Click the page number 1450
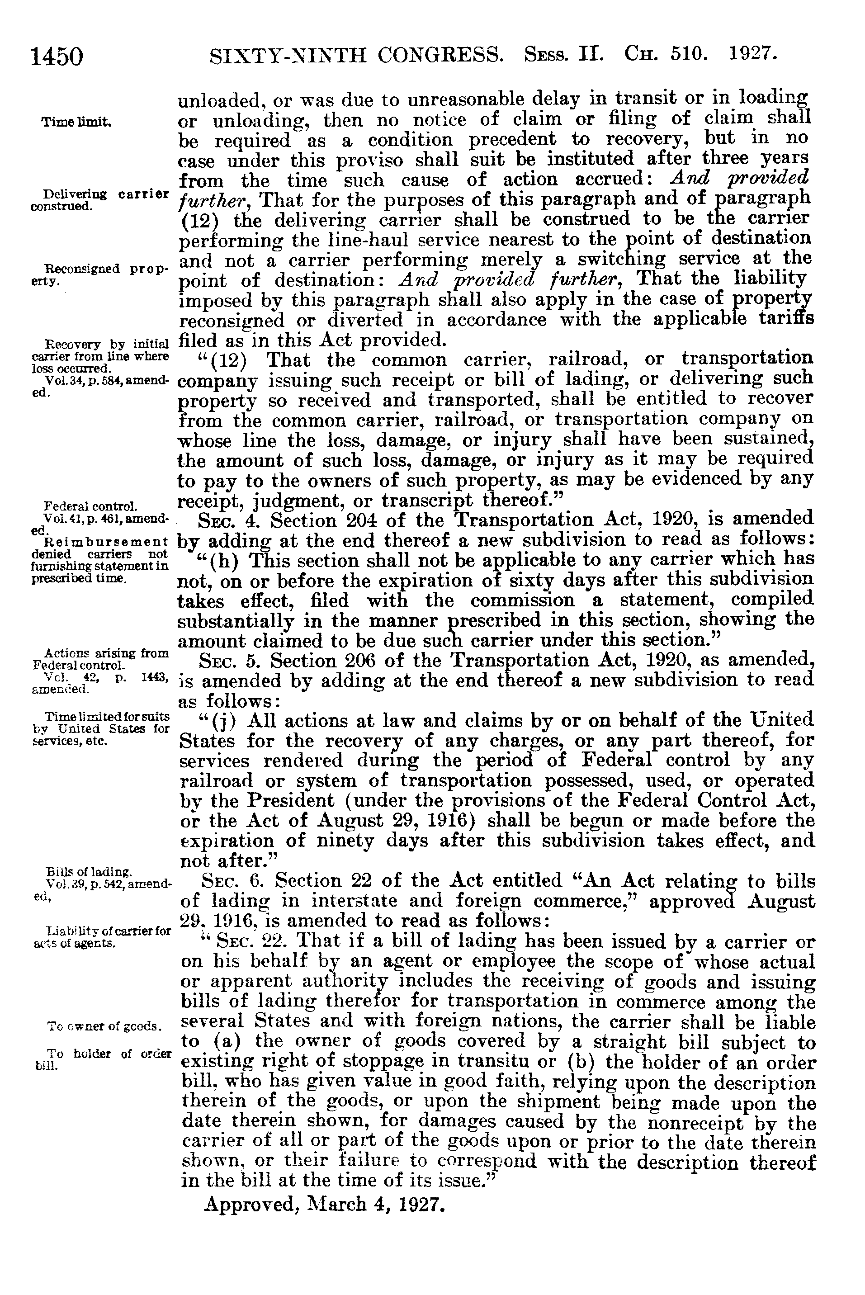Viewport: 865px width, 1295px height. [x=57, y=57]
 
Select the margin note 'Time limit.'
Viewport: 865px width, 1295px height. [x=77, y=122]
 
